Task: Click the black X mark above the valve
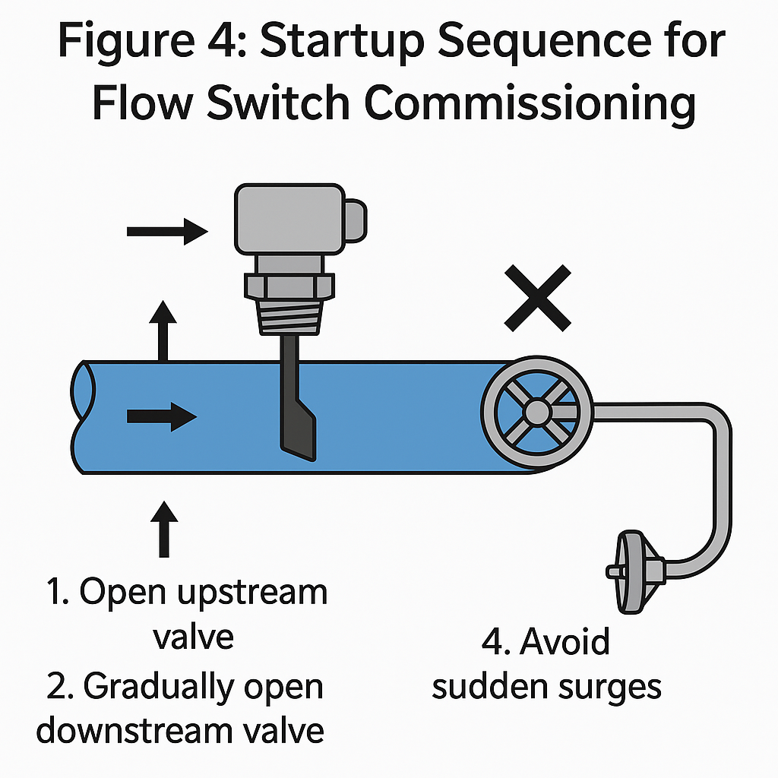pos(539,298)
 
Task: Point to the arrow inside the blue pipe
pos(162,416)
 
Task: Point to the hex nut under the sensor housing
pos(286,286)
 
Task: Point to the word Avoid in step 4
pos(565,642)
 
